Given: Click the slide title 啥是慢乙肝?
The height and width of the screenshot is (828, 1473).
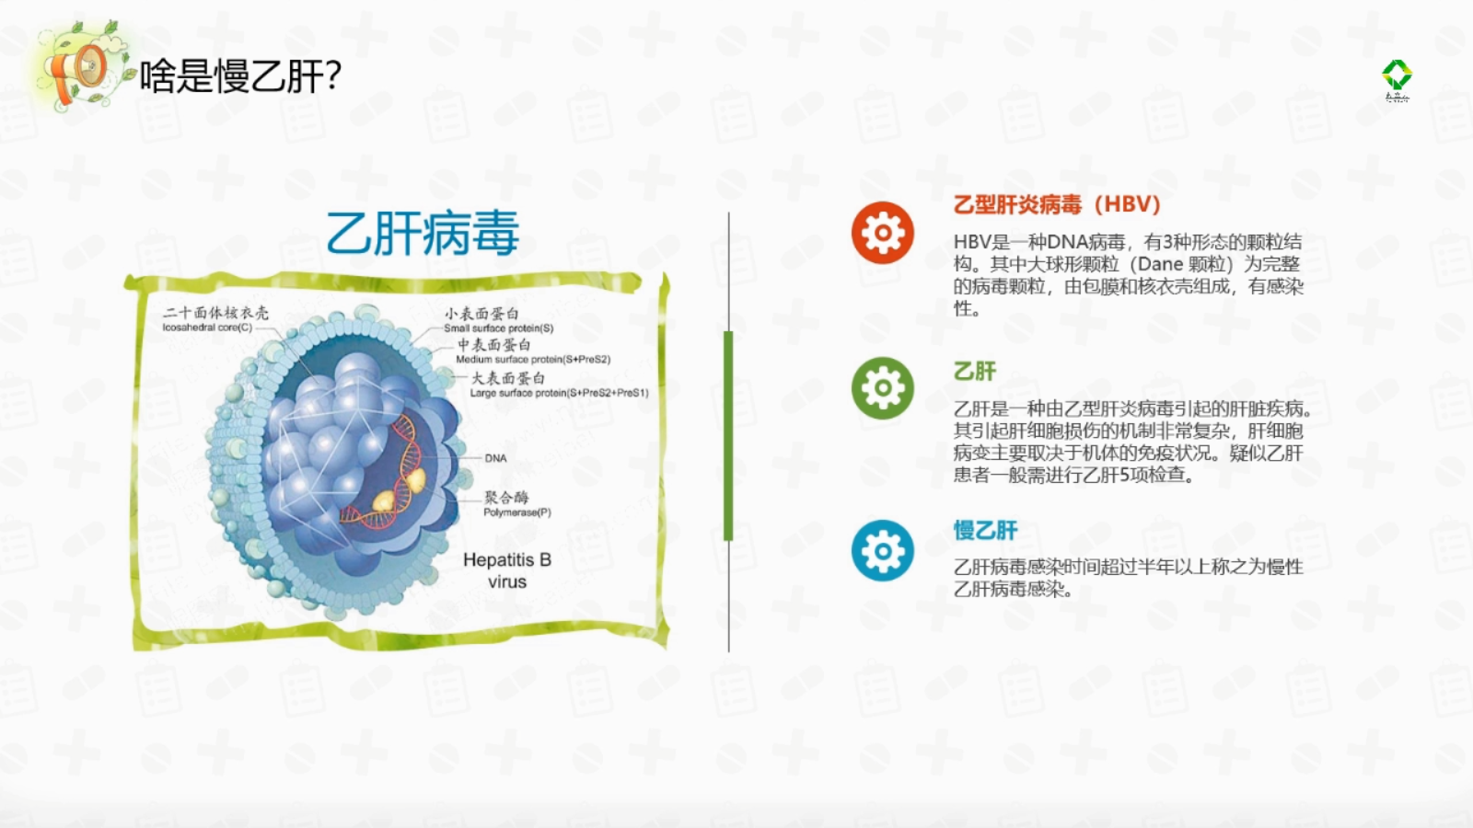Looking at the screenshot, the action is click(x=240, y=75).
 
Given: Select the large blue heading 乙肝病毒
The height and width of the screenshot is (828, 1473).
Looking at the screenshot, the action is click(x=423, y=234).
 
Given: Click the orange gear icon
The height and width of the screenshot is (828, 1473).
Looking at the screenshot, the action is click(x=883, y=233).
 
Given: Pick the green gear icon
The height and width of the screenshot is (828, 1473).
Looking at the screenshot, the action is click(x=883, y=388).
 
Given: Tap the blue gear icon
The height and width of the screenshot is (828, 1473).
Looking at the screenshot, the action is click(x=883, y=551).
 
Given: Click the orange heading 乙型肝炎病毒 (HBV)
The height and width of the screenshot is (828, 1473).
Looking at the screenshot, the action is click(x=1057, y=204).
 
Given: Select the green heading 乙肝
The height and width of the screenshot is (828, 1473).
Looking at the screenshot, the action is click(x=975, y=372).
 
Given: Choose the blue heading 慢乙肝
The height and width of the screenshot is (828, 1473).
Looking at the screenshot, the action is click(x=986, y=530).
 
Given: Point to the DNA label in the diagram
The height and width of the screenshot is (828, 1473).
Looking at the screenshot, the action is click(x=495, y=458).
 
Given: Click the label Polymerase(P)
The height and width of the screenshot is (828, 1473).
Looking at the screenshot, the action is click(x=517, y=512).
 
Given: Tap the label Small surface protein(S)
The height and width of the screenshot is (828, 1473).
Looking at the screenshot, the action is click(x=498, y=328).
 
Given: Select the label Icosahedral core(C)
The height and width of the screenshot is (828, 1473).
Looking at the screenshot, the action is click(x=207, y=328).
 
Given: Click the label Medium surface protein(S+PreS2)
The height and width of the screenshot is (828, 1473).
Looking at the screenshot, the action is click(x=533, y=360).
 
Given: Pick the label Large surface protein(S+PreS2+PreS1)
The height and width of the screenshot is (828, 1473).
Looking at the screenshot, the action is click(x=559, y=393).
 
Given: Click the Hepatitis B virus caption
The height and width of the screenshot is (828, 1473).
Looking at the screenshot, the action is click(x=507, y=570).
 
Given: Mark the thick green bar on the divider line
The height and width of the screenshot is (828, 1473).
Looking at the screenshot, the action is click(x=728, y=436).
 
